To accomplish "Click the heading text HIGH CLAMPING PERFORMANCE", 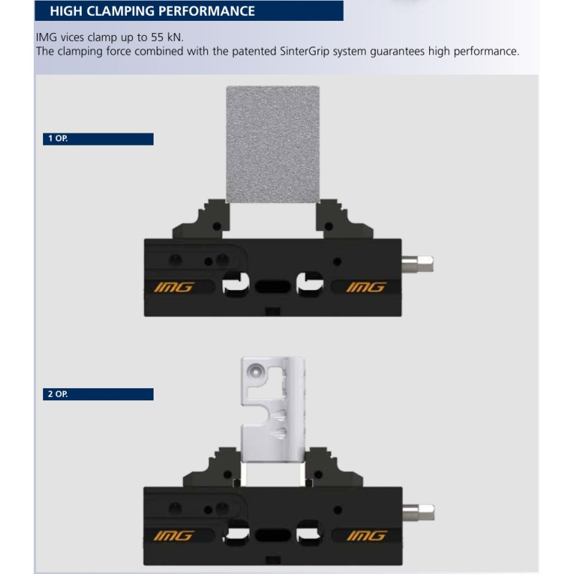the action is click(152, 11).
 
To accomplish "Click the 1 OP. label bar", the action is click(98, 138).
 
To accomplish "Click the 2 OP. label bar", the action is click(98, 394).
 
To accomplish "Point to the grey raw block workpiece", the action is click(273, 144).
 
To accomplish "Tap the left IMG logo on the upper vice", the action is click(174, 287).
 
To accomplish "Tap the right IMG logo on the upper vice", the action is click(366, 287).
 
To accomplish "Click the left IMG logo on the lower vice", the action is click(174, 535).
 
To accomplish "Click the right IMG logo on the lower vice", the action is click(367, 535).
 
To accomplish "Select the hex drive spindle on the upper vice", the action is click(418, 264).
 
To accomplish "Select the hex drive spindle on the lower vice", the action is click(418, 512).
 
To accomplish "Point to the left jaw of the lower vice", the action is click(214, 469).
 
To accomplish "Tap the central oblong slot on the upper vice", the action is click(273, 286).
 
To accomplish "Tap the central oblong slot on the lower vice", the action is click(273, 535).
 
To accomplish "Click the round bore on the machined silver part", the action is click(255, 371).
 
